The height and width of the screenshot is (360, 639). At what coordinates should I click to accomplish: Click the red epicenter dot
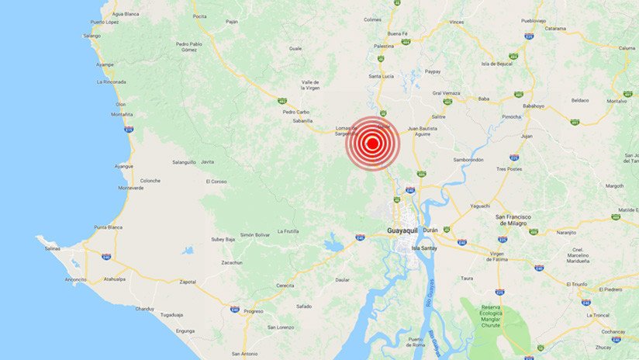tap(372, 143)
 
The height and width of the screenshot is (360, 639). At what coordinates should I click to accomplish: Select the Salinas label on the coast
tap(53, 248)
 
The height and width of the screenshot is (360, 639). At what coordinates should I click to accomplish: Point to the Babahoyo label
tap(534, 105)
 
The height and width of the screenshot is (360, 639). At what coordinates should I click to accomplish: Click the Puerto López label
tap(103, 22)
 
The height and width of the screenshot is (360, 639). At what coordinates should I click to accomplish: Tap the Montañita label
tap(122, 115)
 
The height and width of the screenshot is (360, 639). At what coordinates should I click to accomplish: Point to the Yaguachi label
tap(480, 206)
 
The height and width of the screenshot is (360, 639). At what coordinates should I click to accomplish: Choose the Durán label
tap(430, 230)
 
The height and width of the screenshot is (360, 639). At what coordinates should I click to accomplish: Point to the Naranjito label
tap(565, 232)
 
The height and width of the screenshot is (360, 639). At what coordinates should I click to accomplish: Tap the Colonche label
tap(150, 181)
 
